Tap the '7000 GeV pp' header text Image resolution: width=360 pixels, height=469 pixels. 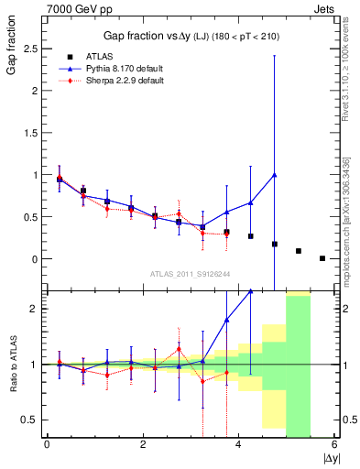[x=47, y=8]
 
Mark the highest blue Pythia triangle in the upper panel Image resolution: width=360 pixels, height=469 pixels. [x=275, y=174]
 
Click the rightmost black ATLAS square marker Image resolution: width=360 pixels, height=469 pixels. [x=322, y=258]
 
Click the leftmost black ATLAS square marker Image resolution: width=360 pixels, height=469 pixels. [x=60, y=180]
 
